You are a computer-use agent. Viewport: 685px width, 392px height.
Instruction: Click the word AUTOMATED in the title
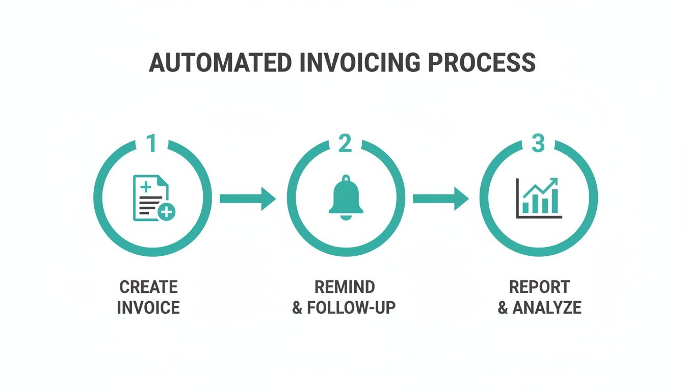[220, 63]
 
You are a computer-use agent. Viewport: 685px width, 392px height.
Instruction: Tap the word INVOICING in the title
[360, 63]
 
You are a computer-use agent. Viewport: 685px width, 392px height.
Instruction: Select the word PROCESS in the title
[482, 63]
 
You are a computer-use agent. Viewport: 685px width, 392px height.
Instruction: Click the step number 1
[151, 144]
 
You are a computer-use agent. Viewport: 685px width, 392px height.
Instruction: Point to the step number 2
[345, 144]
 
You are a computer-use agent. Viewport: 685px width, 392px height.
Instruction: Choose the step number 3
[538, 144]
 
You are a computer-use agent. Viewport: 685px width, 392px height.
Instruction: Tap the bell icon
[346, 197]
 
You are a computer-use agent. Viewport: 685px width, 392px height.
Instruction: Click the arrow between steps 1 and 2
[248, 198]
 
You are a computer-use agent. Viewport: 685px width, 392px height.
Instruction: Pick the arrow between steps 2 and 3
[441, 198]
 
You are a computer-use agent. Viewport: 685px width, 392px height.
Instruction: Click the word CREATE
[148, 287]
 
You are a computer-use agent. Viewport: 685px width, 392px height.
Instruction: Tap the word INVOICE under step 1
[148, 308]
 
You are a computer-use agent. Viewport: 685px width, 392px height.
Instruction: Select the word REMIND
[345, 287]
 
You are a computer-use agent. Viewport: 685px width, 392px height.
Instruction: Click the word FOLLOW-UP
[351, 308]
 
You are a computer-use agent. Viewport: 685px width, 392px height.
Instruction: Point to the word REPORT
[539, 287]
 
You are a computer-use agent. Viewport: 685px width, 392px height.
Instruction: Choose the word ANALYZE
[547, 308]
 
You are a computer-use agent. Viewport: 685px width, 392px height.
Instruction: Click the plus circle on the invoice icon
[166, 211]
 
